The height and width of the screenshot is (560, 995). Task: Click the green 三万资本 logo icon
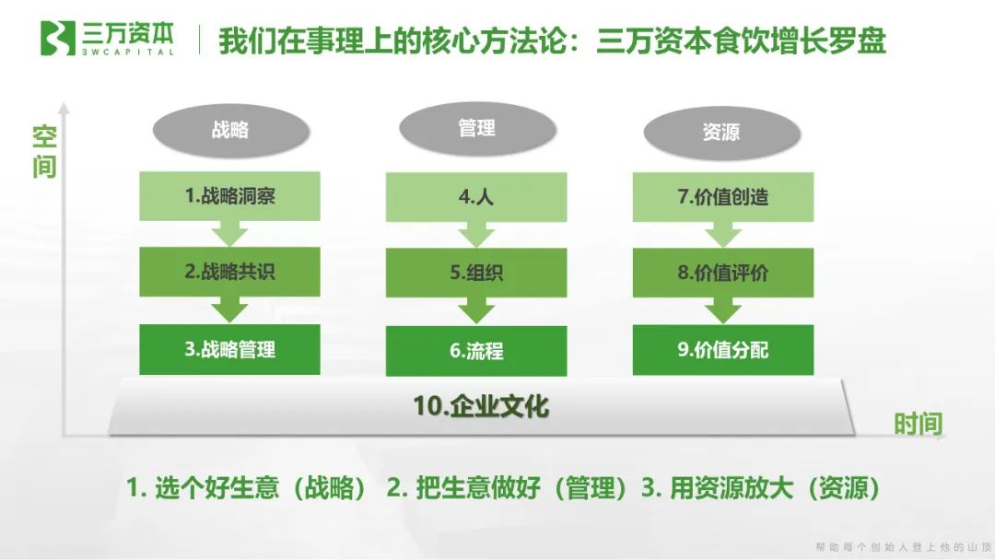click(x=56, y=39)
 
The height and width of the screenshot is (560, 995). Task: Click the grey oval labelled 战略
click(x=229, y=130)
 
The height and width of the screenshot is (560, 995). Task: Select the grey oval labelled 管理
click(x=476, y=129)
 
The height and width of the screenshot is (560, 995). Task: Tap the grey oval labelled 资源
click(x=720, y=132)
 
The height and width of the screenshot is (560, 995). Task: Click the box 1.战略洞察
click(x=229, y=195)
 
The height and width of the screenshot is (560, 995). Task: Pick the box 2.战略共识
click(x=229, y=272)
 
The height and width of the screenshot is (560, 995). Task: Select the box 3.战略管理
click(x=229, y=349)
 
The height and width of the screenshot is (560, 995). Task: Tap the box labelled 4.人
click(x=476, y=196)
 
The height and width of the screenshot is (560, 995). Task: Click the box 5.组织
click(x=476, y=274)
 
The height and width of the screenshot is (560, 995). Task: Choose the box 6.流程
click(x=476, y=351)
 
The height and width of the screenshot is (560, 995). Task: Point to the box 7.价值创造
click(x=723, y=196)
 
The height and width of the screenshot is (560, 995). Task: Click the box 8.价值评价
click(x=723, y=273)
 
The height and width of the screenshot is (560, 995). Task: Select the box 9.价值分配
click(x=723, y=350)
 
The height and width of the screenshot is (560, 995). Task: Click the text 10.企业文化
click(x=482, y=406)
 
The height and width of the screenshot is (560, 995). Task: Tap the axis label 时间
click(x=918, y=424)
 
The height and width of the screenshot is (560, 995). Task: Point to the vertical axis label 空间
click(x=44, y=153)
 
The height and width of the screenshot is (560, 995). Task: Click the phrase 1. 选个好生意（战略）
click(x=248, y=488)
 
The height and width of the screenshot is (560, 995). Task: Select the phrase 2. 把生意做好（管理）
click(x=508, y=488)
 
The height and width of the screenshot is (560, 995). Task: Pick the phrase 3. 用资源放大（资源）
click(x=761, y=488)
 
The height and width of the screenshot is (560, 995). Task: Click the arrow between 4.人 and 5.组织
click(x=476, y=237)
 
